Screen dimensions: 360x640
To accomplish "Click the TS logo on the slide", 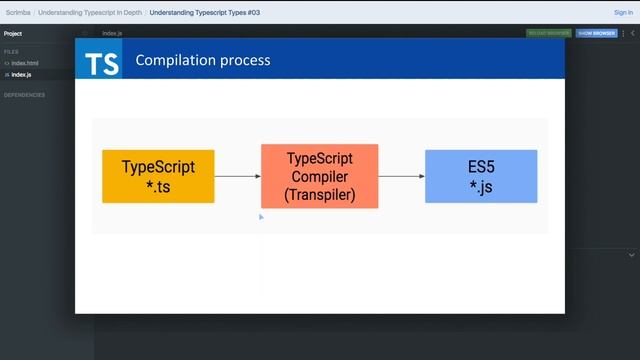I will [x=102, y=62].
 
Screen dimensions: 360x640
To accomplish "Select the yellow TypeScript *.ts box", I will [x=158, y=176].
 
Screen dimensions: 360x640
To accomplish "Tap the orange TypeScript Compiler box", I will [x=319, y=176].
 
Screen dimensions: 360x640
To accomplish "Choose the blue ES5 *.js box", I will [x=480, y=176].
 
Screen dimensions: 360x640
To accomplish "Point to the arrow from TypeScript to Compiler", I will [x=237, y=177].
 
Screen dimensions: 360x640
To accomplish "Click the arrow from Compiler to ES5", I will [x=401, y=177].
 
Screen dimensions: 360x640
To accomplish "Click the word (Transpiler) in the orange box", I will [x=319, y=195].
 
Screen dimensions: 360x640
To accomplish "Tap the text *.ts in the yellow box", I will [x=158, y=186].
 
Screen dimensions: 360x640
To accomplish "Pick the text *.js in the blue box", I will [x=480, y=186].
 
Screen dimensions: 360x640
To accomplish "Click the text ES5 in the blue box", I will [x=480, y=166].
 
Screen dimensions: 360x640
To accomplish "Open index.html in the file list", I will [x=25, y=63].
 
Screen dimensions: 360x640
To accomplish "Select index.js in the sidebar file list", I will [x=21, y=74].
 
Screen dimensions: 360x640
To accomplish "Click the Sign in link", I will [x=623, y=13].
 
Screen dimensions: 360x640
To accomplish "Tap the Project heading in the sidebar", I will [x=13, y=33].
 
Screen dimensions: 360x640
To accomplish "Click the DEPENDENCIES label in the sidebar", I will [x=24, y=95].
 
